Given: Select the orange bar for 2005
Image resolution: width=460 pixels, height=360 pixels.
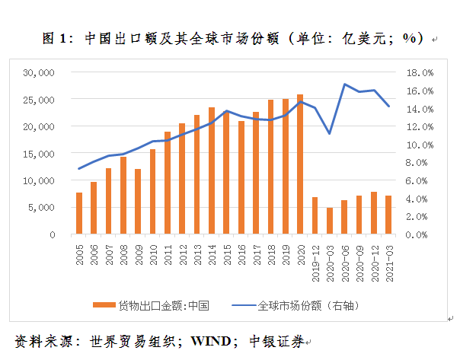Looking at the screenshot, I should pos(78,214).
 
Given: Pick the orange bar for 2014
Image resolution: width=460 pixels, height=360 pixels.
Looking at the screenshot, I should pos(211,171).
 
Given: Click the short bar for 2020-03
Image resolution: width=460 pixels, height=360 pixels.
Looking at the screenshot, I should pos(330,221).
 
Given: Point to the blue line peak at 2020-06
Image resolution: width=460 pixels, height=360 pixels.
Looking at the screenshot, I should pos(345,84).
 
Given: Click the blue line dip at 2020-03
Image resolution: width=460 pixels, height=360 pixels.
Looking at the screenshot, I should pos(330,134).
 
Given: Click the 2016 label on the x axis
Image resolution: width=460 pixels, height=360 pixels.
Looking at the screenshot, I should pos(241,255).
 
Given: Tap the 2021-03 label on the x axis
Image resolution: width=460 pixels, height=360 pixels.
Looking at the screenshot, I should pos(389,263).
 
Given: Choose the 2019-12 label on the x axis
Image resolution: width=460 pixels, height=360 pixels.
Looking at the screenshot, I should pos(315,263).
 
